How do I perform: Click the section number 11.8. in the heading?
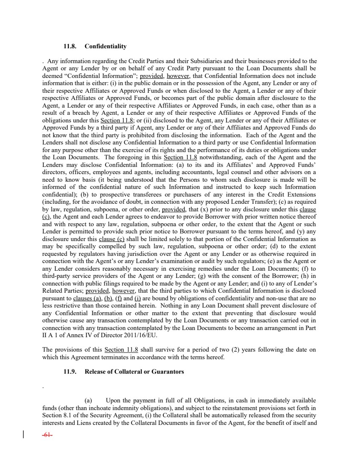[70, 46]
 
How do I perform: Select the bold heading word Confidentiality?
[106, 46]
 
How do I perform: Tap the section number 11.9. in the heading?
[70, 372]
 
